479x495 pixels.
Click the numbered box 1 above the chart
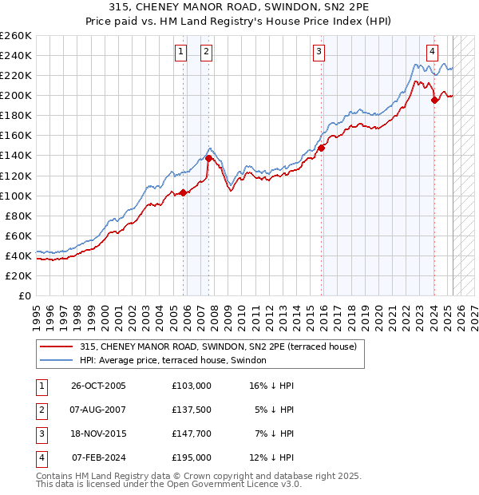180,53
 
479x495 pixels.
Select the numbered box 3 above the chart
319,53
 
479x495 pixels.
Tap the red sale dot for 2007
208,158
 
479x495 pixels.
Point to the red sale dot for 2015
322,148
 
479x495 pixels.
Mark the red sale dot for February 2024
434,100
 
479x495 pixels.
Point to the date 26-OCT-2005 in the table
99,386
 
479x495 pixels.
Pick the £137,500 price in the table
192,410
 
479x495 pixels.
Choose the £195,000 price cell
192,457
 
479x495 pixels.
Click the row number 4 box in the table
40,457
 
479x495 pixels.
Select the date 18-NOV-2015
99,434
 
